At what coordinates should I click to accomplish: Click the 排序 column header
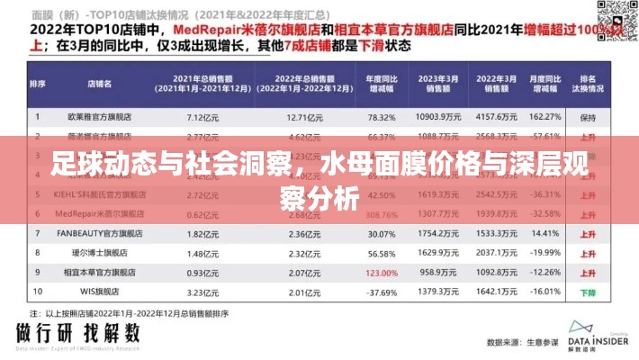pyautogui.click(x=38, y=85)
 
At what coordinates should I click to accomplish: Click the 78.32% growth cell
pyautogui.click(x=382, y=117)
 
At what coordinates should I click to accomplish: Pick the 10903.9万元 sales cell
pyautogui.click(x=438, y=117)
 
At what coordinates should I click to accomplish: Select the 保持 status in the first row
pyautogui.click(x=588, y=117)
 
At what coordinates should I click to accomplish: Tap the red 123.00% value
pyautogui.click(x=382, y=272)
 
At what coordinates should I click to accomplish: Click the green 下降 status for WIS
pyautogui.click(x=588, y=292)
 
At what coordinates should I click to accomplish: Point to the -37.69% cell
pyautogui.click(x=382, y=292)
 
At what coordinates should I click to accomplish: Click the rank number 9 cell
pyautogui.click(x=38, y=272)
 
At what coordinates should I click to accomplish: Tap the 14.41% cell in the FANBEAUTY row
pyautogui.click(x=545, y=233)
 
